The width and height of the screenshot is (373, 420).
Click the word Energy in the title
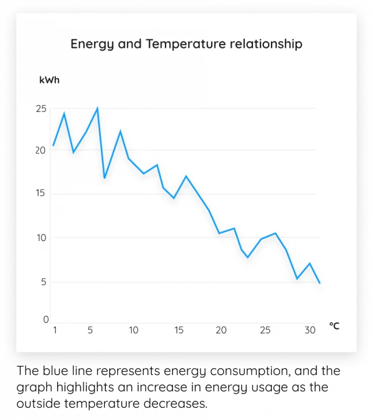[90, 44]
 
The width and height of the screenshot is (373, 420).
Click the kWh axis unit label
[49, 80]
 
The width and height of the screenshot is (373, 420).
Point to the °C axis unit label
[334, 326]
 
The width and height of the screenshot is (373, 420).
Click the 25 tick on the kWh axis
[41, 108]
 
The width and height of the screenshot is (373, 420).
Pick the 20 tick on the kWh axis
[41, 150]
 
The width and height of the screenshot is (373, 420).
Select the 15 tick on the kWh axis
[41, 194]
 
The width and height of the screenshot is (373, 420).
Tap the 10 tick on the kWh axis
[41, 237]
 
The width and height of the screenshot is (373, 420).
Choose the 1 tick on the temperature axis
[55, 330]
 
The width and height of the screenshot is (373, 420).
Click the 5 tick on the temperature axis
[90, 330]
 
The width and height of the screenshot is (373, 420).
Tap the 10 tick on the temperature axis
[133, 330]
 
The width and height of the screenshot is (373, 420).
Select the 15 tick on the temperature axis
[178, 330]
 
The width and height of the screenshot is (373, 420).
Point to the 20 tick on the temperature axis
[221, 330]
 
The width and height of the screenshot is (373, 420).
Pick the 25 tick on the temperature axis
[265, 330]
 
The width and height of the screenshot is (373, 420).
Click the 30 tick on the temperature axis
[310, 330]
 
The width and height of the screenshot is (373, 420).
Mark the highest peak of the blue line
[97, 108]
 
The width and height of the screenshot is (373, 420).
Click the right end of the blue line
[319, 283]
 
